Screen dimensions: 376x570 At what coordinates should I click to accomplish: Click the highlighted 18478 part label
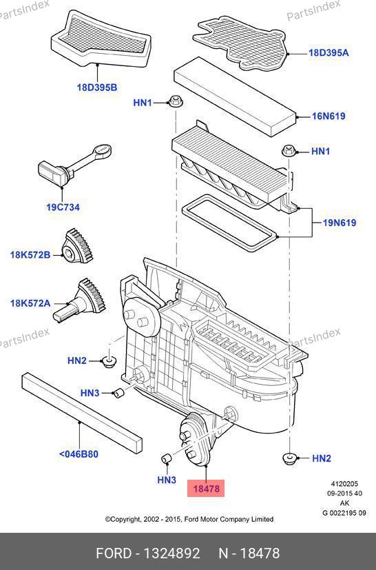[x=206, y=488]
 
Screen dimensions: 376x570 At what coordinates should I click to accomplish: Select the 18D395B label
[x=97, y=88]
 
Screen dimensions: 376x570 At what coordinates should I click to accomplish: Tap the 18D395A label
[x=328, y=52]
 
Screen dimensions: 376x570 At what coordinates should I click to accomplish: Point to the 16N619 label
[x=328, y=116]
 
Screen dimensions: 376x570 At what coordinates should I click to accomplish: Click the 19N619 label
[x=340, y=223]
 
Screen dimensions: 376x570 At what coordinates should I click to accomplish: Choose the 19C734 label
[x=63, y=207]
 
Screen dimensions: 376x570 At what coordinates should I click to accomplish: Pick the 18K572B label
[x=30, y=255]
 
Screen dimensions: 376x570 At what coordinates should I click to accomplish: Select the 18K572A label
[x=30, y=303]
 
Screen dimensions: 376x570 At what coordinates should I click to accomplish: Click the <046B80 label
[x=79, y=454]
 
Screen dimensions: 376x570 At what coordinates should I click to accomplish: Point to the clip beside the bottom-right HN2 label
[x=290, y=459]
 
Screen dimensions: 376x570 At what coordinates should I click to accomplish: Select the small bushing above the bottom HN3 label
[x=167, y=459]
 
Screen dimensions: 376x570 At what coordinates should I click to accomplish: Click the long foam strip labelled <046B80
[x=82, y=412]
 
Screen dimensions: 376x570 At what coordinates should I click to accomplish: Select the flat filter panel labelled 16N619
[x=235, y=96]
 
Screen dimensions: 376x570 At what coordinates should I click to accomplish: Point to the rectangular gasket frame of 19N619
[x=229, y=223]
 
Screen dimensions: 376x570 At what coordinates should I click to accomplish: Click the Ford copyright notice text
[x=189, y=519]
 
